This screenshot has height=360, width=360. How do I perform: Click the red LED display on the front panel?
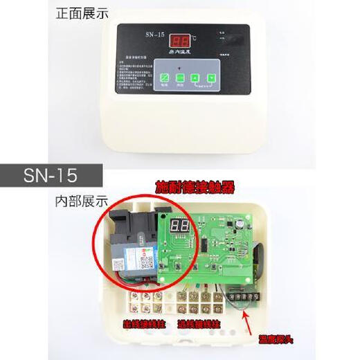[181, 41]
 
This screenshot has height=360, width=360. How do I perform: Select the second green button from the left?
[180, 78]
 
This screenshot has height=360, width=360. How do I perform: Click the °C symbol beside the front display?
[193, 38]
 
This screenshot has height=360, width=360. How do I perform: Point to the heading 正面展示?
[82, 13]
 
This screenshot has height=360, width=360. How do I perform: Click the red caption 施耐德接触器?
[195, 188]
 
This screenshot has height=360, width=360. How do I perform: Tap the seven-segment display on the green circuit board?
[181, 225]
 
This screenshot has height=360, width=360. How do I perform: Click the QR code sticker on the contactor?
[146, 262]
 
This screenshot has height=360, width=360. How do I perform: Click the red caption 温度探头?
[276, 340]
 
